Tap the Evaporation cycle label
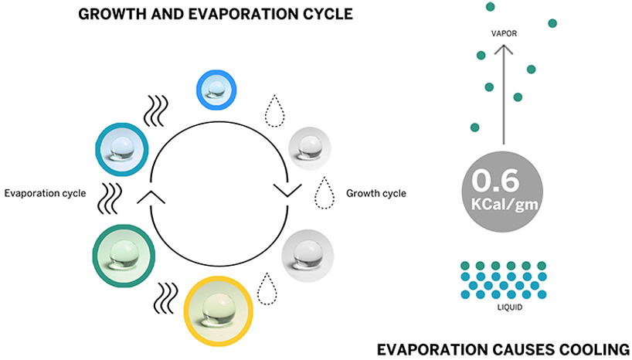point(46,192)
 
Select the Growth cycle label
point(375,192)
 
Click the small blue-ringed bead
point(217,87)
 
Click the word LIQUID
point(503,307)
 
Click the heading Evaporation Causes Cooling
point(503,349)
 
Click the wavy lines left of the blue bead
point(157,110)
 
